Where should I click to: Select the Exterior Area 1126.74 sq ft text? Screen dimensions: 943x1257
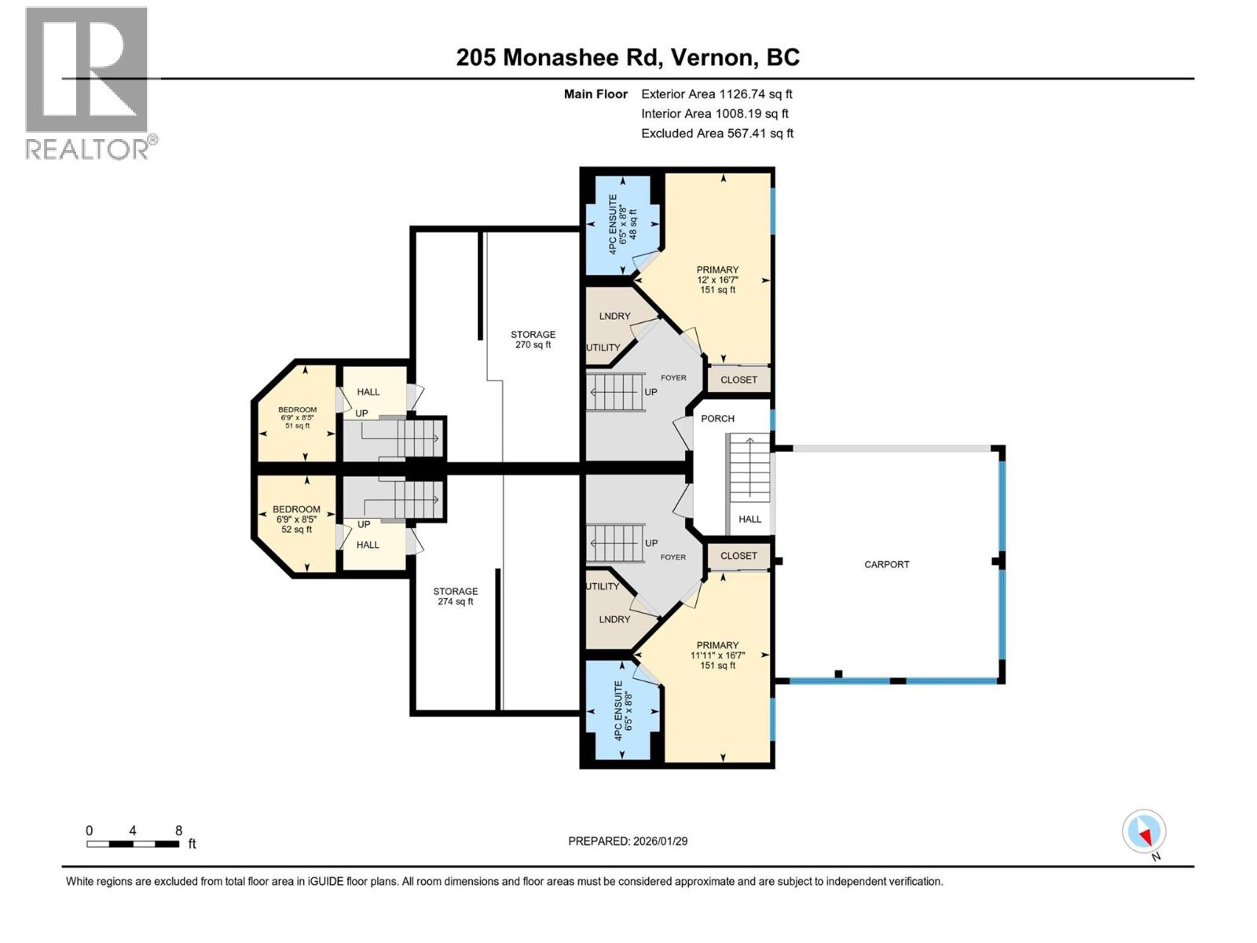[x=716, y=94]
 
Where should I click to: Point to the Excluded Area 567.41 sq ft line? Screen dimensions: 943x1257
[x=716, y=134]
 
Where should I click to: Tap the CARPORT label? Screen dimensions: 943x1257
[x=886, y=564]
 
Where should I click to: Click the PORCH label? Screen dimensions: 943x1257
[x=717, y=419]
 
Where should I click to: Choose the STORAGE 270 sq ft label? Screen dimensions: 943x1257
[x=533, y=339]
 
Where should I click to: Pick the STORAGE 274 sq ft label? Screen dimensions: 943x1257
[x=455, y=596]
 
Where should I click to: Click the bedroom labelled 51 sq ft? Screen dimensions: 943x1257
[x=297, y=417]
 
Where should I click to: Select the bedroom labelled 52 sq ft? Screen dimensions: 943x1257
[x=296, y=519]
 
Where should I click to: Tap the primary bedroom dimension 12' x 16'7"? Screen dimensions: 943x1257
[x=717, y=280]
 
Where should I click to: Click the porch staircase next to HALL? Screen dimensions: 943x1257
[x=750, y=468]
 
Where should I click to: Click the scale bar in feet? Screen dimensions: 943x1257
[x=133, y=844]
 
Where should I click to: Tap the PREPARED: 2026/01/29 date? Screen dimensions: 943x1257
[x=628, y=841]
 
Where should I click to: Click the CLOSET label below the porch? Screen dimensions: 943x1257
[x=738, y=556]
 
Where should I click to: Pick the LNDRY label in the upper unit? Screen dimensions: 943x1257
[x=614, y=316]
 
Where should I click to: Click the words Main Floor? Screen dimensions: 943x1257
[x=596, y=94]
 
